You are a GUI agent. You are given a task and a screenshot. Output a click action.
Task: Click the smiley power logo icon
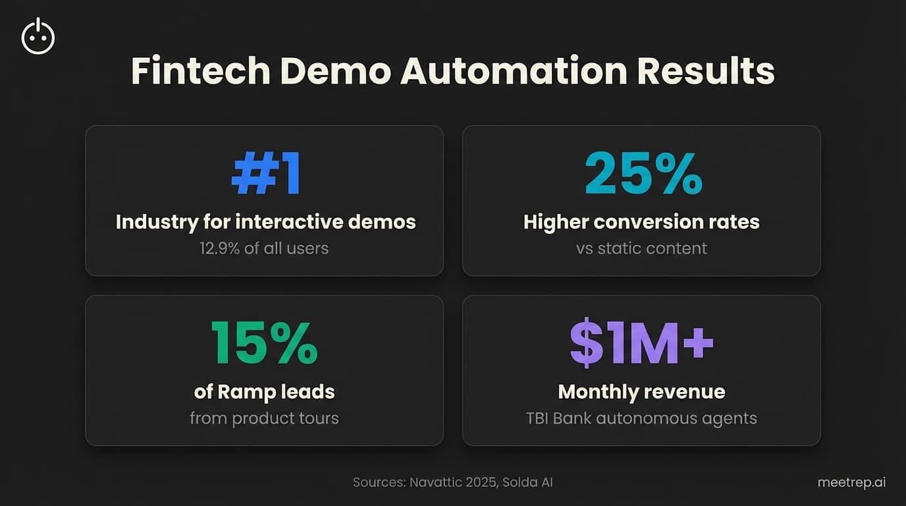coord(38,37)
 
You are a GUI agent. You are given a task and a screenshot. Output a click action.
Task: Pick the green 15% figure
coord(264,345)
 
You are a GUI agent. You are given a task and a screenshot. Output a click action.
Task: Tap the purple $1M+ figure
coord(641,345)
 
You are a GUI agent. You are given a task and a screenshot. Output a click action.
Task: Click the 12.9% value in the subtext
coord(221,248)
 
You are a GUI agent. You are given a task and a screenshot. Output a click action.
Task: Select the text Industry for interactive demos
coord(265,222)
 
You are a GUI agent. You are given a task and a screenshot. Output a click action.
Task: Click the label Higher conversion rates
coord(641,222)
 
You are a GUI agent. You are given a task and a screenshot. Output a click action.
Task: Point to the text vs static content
coord(641,248)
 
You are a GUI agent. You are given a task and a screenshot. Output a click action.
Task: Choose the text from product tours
coord(264,418)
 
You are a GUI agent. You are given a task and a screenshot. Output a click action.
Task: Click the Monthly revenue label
coord(641,392)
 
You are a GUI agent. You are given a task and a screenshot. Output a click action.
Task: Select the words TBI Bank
coord(559,418)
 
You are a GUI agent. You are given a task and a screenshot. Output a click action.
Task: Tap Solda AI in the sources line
coord(529,482)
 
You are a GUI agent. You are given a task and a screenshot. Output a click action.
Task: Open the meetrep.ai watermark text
coord(851,482)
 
